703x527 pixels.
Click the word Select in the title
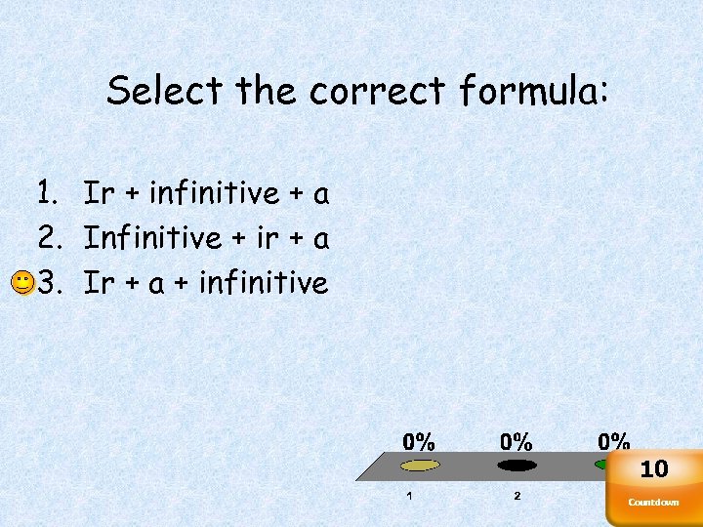coord(166,92)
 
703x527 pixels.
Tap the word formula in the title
coord(534,92)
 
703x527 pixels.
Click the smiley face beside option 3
coord(21,284)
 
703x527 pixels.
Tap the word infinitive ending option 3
coord(264,283)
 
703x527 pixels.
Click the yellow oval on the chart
coord(420,466)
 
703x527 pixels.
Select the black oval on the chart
coord(517,466)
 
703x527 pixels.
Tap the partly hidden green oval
coord(600,465)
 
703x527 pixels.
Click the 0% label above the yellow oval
coord(420,441)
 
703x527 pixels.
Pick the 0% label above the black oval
coord(517,441)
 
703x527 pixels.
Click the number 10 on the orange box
coord(654,469)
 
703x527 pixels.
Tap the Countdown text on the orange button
coord(653,503)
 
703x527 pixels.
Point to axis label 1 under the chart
coord(409,496)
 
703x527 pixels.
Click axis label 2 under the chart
coord(517,496)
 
